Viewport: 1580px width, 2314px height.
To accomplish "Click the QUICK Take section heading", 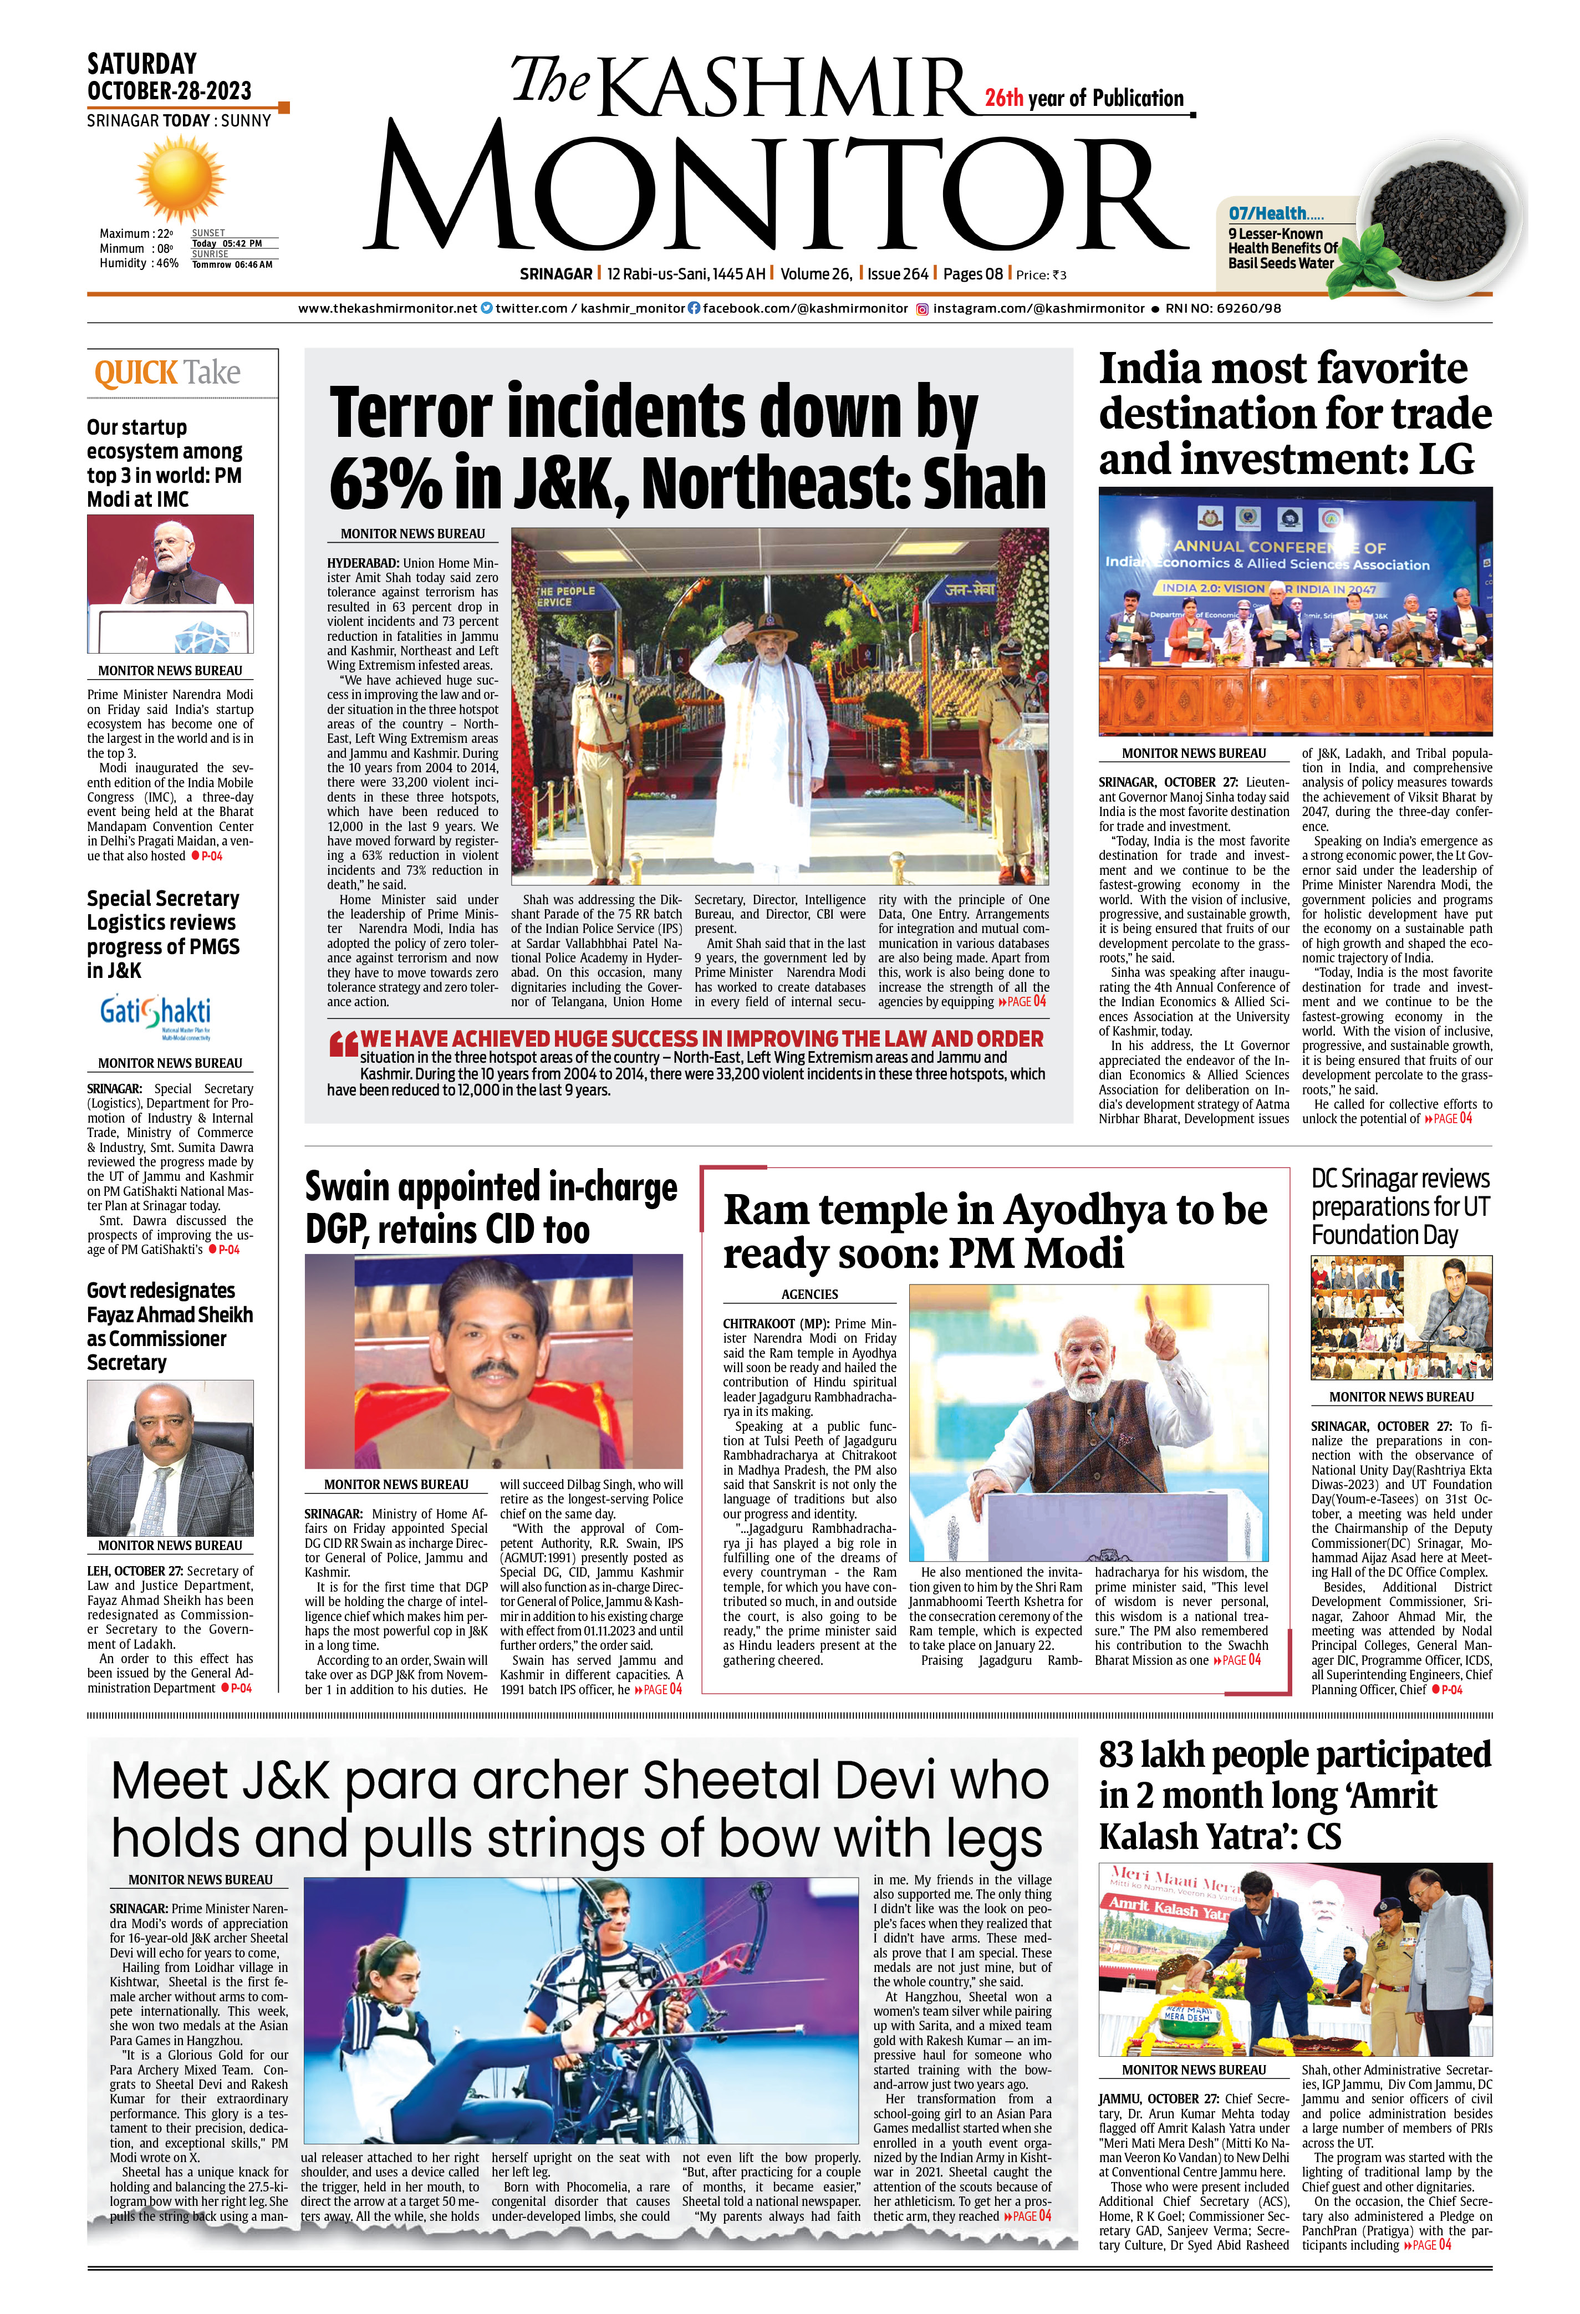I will [167, 374].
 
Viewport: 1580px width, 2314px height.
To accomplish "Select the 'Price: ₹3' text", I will [1041, 275].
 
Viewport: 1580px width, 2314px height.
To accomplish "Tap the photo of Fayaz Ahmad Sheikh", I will [170, 1457].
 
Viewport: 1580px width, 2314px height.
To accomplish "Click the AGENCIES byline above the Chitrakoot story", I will [809, 1294].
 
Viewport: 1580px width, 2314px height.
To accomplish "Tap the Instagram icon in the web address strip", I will [923, 309].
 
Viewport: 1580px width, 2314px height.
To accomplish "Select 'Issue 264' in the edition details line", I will [897, 274].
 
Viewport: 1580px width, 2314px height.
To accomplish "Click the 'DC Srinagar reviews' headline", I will [1400, 1179].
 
